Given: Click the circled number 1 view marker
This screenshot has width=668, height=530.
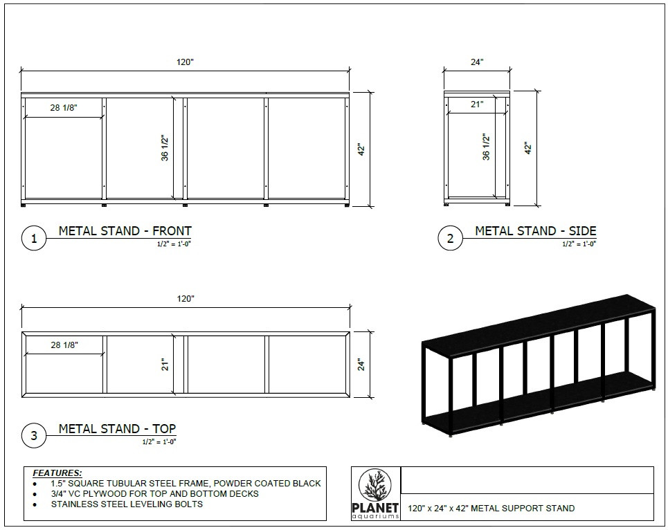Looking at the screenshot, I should click(x=34, y=239).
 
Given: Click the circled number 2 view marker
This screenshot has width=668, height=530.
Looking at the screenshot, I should click(x=450, y=239).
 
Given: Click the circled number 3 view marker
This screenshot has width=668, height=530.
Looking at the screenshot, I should click(x=34, y=436).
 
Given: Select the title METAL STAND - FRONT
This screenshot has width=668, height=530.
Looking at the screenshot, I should click(x=125, y=231).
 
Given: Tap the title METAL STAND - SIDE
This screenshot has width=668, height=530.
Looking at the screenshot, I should click(x=535, y=231).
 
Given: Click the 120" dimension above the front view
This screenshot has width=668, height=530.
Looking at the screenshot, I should click(x=185, y=62).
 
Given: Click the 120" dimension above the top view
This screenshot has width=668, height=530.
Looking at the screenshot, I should click(x=185, y=299).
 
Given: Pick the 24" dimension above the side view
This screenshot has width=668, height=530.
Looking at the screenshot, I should click(x=477, y=62).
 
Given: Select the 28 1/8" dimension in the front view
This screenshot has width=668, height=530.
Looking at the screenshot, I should click(x=64, y=108).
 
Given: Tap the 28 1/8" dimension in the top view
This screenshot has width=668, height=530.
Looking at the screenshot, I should click(x=64, y=345).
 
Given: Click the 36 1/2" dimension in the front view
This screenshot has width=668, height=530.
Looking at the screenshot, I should click(x=165, y=148).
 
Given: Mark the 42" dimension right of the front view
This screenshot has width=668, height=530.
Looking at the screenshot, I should click(x=361, y=149).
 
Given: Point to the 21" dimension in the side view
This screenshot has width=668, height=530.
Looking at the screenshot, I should click(x=477, y=104).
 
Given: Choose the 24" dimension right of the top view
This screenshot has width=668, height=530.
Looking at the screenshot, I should click(x=361, y=364).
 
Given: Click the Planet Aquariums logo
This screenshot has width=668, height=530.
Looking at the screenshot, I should click(x=377, y=493).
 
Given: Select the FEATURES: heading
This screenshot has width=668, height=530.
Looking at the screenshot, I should click(x=57, y=473).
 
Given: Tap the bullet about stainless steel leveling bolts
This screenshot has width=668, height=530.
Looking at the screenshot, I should click(x=127, y=504).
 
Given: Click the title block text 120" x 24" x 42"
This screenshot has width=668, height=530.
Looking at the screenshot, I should click(x=491, y=508).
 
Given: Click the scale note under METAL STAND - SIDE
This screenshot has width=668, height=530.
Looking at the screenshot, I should click(x=579, y=244).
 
